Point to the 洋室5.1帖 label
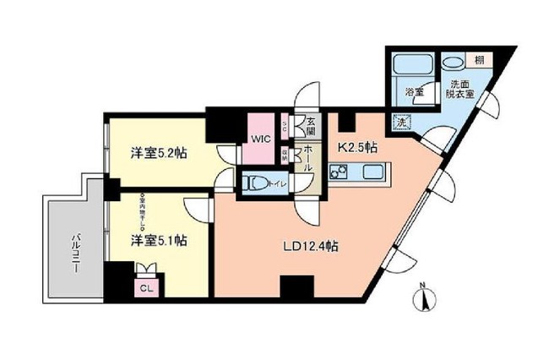(159, 240)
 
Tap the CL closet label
(145, 286)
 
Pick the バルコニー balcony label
(75, 251)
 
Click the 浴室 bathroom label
(413, 91)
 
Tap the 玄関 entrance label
(310, 127)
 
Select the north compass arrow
(426, 298)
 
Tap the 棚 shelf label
(478, 60)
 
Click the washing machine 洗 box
(399, 122)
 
